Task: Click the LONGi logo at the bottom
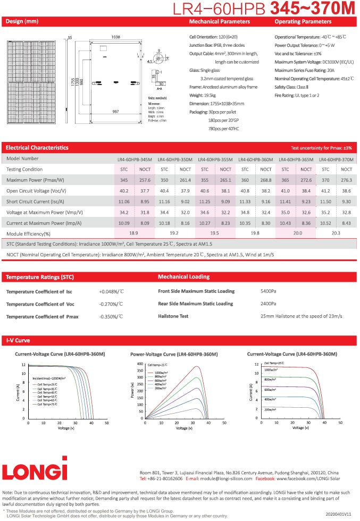click(35, 470)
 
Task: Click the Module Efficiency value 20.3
click(336, 233)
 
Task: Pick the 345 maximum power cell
click(124, 181)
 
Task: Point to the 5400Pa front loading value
click(268, 291)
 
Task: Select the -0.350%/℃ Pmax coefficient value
click(111, 316)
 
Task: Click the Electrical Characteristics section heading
click(37, 147)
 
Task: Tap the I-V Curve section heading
click(18, 340)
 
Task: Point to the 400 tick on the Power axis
click(140, 364)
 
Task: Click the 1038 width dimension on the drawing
click(115, 37)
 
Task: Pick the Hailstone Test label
click(173, 316)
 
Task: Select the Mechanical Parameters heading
click(220, 22)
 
